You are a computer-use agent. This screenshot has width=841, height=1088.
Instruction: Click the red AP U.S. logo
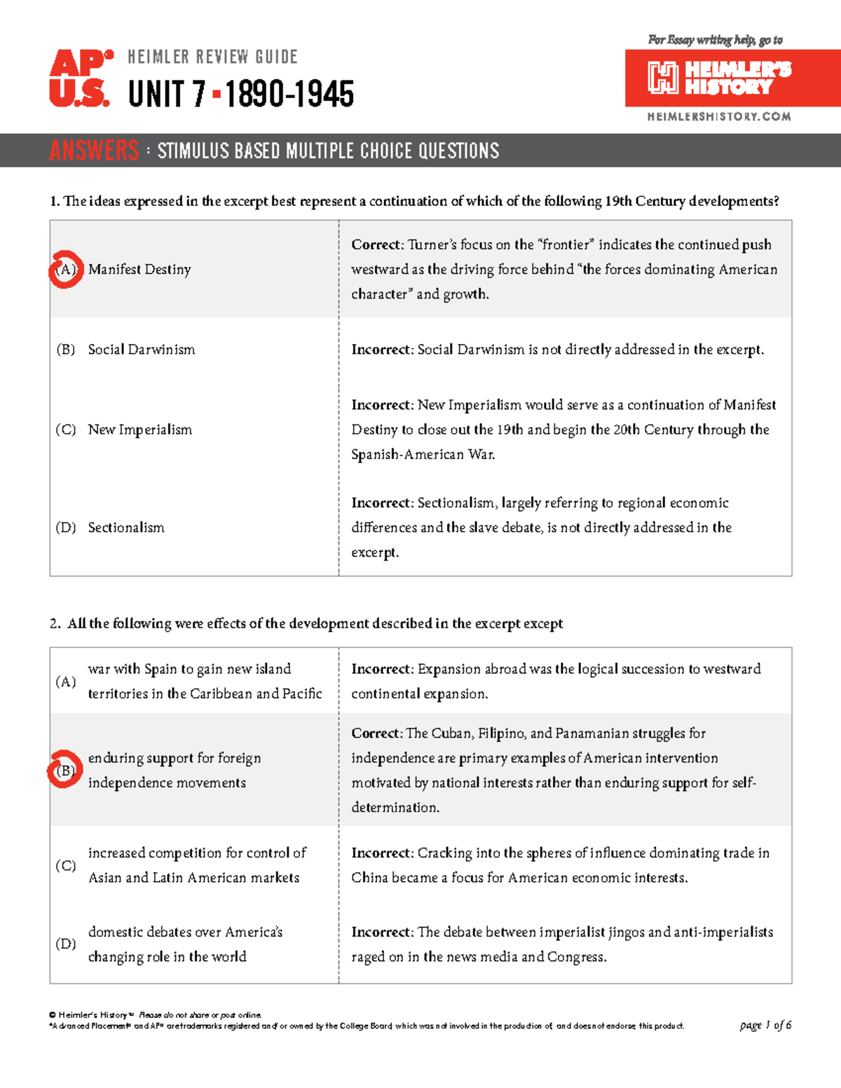(80, 78)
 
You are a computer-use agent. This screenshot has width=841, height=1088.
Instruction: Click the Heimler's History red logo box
(732, 78)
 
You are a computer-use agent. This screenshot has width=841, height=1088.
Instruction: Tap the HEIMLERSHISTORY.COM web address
(719, 117)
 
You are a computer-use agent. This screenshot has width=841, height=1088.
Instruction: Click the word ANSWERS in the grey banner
(94, 151)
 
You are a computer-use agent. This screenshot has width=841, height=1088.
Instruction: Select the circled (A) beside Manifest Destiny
(65, 269)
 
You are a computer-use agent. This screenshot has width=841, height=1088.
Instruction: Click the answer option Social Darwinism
(141, 350)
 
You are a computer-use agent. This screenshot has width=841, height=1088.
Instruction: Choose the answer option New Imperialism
(139, 429)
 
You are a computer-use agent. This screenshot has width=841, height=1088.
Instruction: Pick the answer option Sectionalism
(126, 528)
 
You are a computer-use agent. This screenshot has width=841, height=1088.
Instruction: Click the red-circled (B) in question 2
(64, 770)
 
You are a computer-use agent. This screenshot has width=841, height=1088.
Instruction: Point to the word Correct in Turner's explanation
(376, 245)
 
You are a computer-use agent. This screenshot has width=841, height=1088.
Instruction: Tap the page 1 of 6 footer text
(765, 1025)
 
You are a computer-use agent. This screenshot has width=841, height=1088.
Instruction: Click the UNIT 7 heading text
(167, 95)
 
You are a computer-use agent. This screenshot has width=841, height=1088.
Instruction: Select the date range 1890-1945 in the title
(289, 95)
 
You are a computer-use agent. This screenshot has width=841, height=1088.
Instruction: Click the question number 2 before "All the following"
(55, 624)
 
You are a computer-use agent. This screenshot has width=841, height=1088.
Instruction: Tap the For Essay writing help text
(715, 40)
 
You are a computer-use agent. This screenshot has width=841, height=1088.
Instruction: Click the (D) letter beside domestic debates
(65, 944)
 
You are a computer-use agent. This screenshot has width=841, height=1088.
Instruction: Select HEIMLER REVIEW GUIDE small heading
(212, 57)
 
